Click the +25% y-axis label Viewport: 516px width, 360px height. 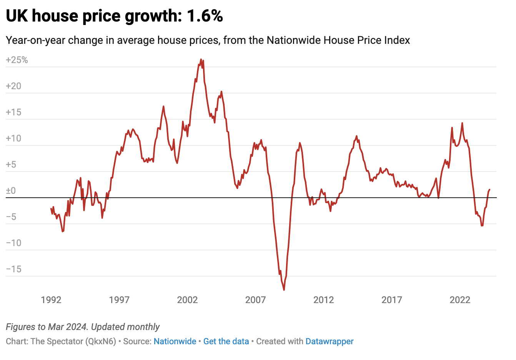point(17,60)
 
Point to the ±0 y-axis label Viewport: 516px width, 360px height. point(11,191)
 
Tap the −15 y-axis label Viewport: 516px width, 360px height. point(14,269)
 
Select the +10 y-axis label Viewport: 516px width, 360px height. point(13,138)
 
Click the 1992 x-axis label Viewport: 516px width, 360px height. point(51,300)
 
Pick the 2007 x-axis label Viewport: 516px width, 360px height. point(255,300)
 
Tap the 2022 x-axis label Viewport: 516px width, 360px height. point(460,300)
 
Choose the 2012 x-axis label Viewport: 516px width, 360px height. point(323,300)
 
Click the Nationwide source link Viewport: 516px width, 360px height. point(175,342)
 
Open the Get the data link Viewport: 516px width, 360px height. point(226,342)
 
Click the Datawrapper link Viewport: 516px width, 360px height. point(330,342)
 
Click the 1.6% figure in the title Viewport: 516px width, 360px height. point(205,16)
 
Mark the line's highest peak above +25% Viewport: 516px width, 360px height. point(201,60)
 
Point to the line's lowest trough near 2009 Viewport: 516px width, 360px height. point(284,290)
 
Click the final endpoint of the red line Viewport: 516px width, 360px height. point(489,190)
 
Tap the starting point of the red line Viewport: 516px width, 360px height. point(51,208)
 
